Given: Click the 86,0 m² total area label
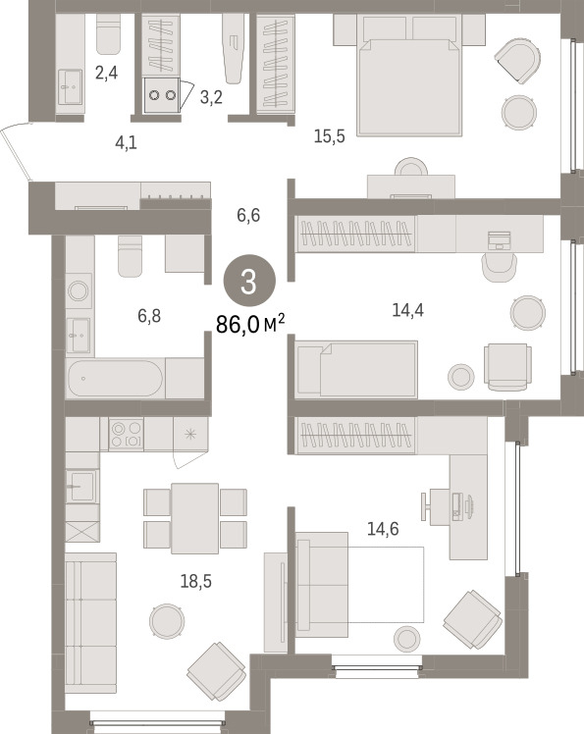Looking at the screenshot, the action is point(250,324).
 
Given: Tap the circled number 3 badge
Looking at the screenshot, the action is point(249,282).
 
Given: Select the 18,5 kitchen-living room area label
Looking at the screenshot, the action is point(196,581).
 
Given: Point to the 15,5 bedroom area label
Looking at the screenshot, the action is point(329,136).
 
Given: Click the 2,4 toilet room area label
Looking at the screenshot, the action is point(106,73).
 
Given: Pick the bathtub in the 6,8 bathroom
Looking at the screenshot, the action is point(115,378).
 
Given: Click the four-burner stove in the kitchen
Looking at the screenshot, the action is point(127,434).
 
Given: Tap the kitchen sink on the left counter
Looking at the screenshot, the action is point(82,487).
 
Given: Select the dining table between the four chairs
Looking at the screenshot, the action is point(194,518).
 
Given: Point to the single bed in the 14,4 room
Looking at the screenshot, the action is point(357,369).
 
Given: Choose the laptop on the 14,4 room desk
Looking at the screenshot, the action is point(499,240).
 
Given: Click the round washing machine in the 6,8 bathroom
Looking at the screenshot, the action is point(79,290).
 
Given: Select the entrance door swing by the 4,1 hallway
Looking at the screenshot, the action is point(17,152).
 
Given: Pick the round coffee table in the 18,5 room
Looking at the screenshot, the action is point(167,621).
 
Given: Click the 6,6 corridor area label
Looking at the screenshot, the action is point(248,215).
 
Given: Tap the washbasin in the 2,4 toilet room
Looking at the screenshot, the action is point(71,87).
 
